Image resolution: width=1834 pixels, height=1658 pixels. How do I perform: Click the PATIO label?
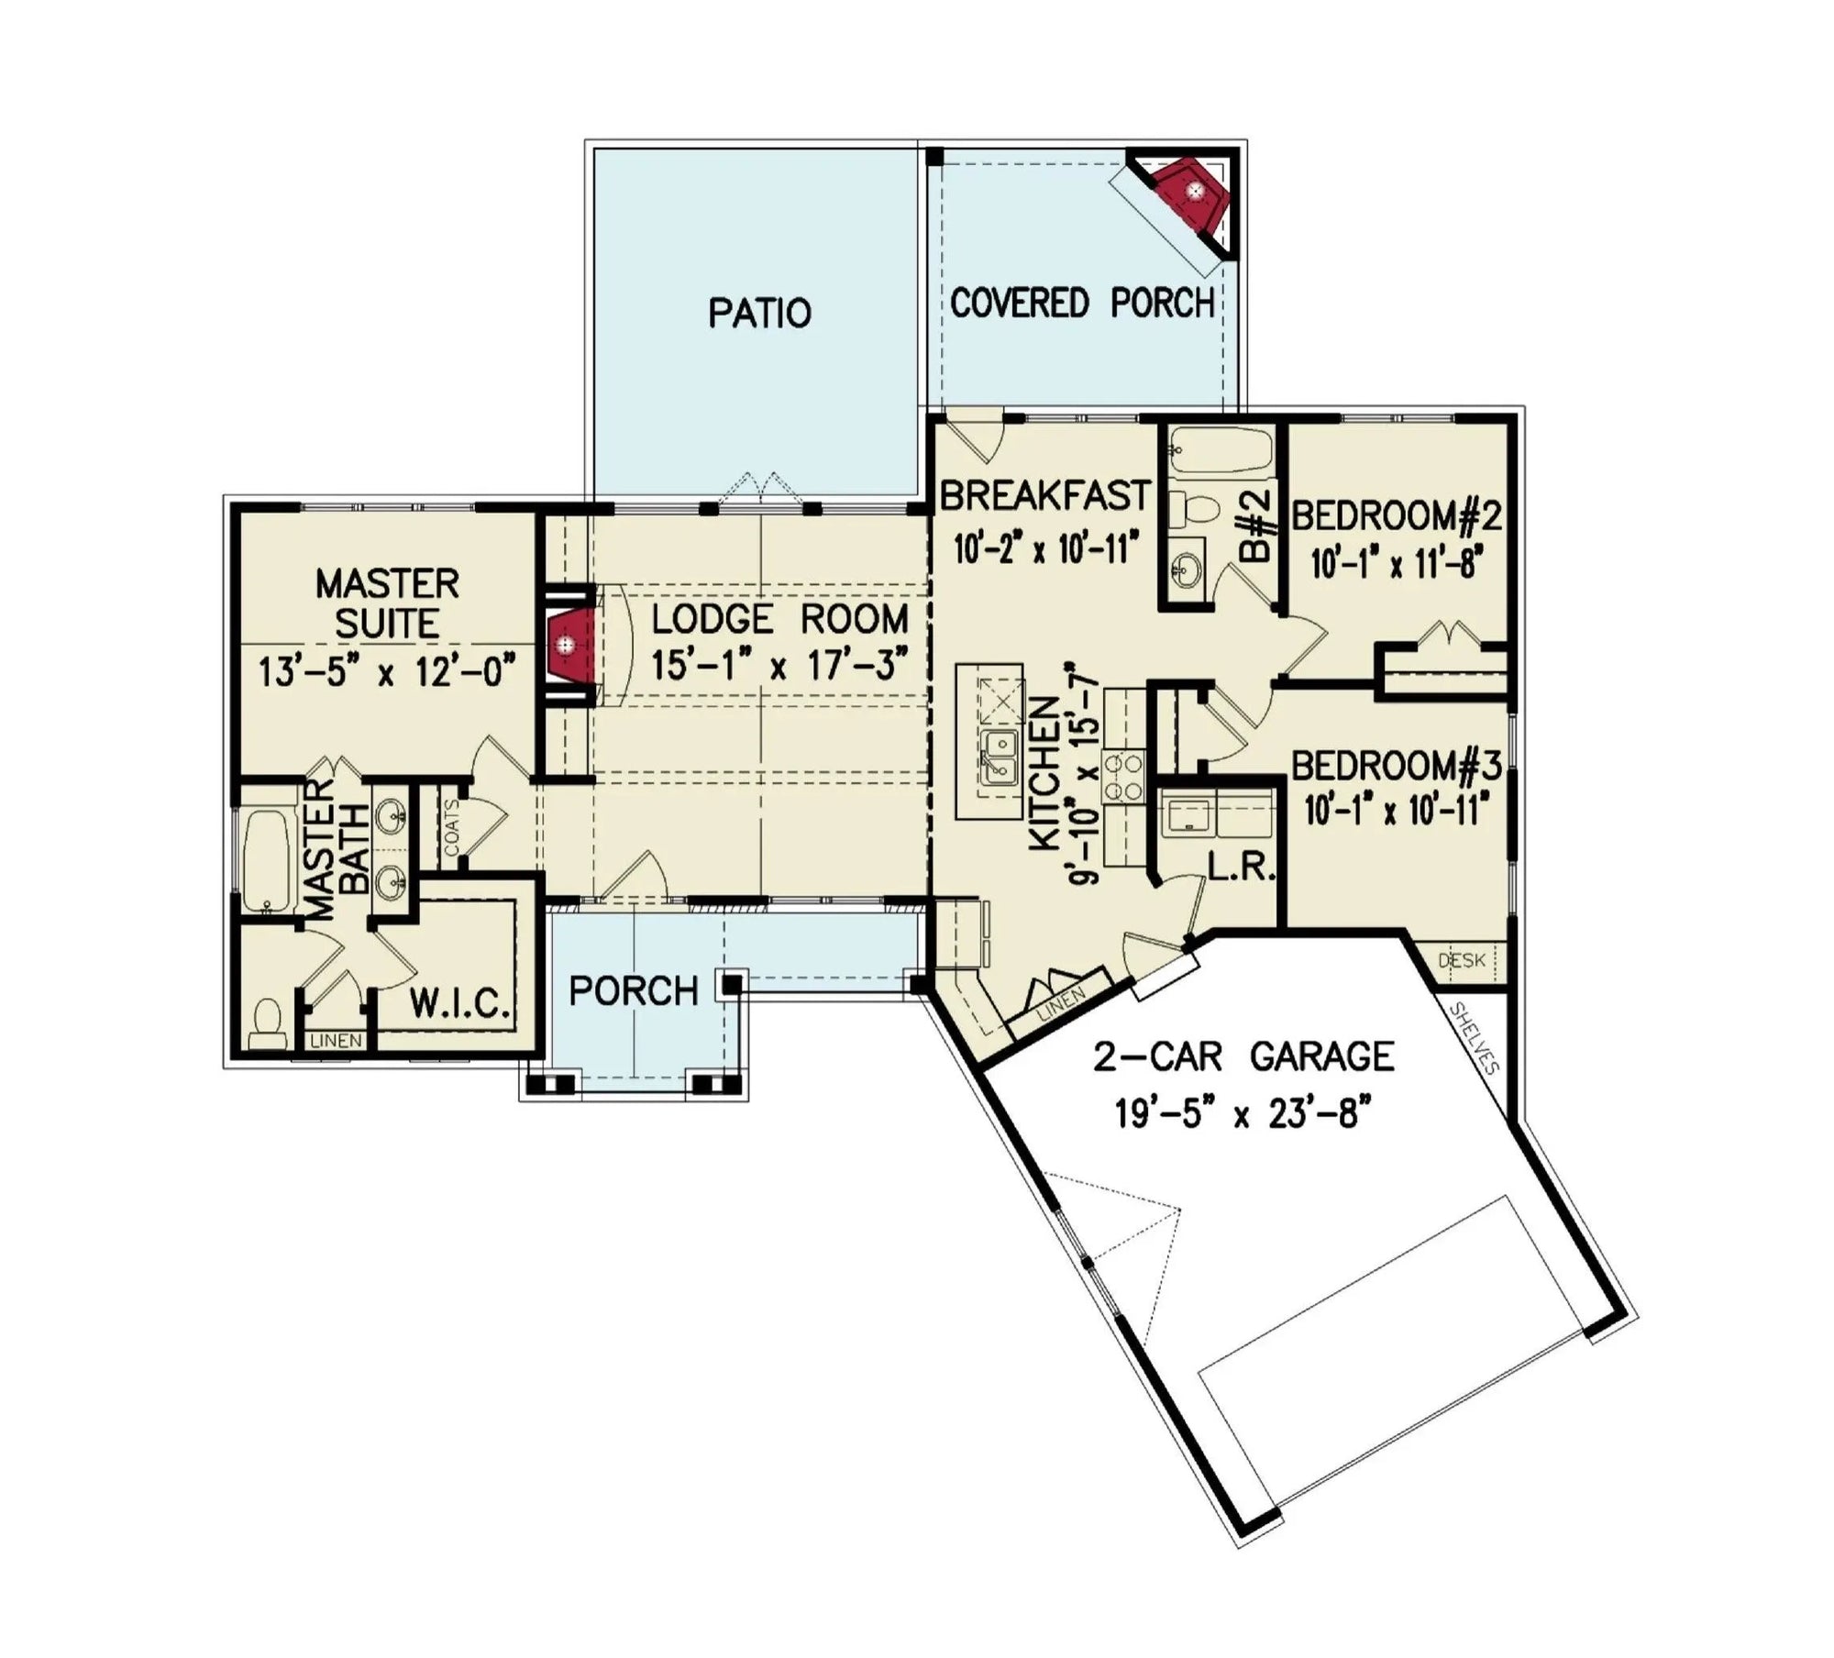(x=759, y=314)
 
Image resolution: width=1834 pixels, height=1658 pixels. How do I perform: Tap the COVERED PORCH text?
(x=1082, y=303)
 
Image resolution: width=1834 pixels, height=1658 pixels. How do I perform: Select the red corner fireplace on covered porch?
(x=1189, y=195)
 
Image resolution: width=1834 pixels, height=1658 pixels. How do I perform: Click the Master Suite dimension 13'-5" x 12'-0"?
(x=386, y=674)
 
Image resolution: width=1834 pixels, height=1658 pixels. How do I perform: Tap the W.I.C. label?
(x=458, y=1004)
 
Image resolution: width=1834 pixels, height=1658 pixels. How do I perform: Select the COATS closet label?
(x=452, y=827)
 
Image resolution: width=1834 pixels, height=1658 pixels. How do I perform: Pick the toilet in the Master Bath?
(x=267, y=1022)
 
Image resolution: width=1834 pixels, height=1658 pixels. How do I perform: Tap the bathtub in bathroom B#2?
(x=1221, y=450)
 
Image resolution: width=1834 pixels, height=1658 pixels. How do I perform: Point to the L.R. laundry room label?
(x=1242, y=868)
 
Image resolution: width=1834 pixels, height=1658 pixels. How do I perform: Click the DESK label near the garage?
(x=1462, y=960)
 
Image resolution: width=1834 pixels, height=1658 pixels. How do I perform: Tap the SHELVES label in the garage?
(x=1474, y=1038)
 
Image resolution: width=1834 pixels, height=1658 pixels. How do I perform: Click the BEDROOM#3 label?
(x=1397, y=766)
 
